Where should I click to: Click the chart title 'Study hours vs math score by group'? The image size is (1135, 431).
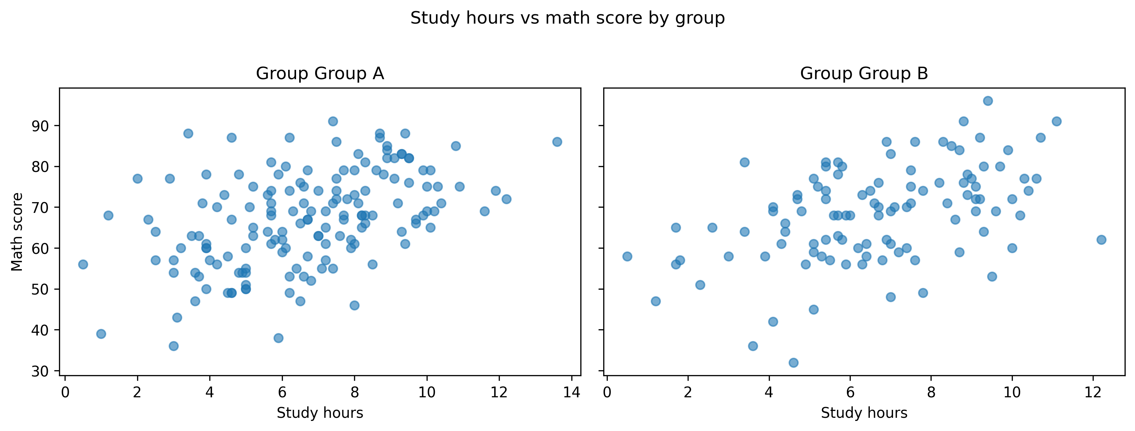pos(567,18)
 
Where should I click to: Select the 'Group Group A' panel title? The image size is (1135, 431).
pos(320,74)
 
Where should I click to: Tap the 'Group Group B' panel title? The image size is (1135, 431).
pos(864,74)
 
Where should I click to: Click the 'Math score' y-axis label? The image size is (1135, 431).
pos(17,232)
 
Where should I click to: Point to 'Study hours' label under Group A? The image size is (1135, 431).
pos(320,413)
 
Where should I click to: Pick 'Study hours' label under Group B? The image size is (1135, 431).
pos(864,413)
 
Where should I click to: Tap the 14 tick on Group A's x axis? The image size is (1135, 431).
pos(571,392)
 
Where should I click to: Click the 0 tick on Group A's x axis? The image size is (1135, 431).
pos(65,392)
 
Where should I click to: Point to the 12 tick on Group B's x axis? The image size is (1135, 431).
pos(1093,392)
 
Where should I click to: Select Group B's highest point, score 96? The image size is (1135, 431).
pos(988,101)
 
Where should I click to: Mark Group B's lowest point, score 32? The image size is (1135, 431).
pos(793,363)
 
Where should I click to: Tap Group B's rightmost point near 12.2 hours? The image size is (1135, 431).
pos(1101,240)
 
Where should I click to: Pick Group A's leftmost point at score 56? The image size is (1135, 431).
pos(83,264)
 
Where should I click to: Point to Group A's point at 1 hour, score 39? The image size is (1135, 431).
pos(101,334)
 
